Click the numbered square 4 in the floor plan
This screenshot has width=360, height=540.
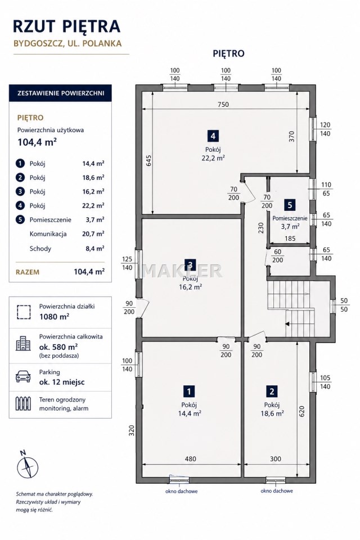(213, 136)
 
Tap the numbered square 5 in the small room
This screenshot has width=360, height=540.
(290, 205)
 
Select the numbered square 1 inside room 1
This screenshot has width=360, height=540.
(189, 391)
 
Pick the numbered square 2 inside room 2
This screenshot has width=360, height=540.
(272, 391)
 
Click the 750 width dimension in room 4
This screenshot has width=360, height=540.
(223, 105)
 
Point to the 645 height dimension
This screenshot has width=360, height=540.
(148, 161)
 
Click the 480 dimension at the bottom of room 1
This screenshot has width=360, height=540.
(191, 459)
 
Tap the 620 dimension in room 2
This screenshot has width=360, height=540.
(301, 412)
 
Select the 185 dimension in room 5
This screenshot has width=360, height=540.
(290, 238)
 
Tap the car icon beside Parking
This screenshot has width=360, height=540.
(23, 377)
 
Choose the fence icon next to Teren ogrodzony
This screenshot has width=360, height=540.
(23, 404)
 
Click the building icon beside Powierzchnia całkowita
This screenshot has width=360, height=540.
(23, 343)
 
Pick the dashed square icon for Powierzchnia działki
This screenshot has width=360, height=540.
(24, 312)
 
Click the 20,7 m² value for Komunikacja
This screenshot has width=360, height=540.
(93, 233)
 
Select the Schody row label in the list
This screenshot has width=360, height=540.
(40, 248)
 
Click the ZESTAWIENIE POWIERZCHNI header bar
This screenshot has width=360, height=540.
(60, 93)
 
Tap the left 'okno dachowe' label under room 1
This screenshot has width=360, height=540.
(182, 491)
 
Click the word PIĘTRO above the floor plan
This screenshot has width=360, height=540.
(228, 53)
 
